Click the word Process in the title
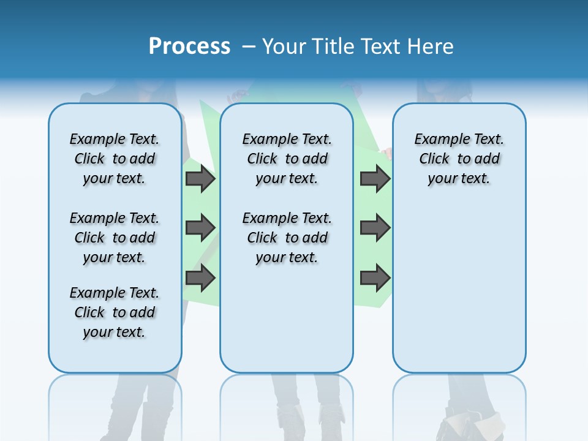[189, 47]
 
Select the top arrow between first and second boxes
[200, 178]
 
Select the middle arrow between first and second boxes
[200, 228]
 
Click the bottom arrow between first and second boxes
[200, 278]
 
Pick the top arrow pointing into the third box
[375, 178]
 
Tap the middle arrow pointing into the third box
[375, 228]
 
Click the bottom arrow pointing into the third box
[375, 278]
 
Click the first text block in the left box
[115, 159]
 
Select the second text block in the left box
[115, 238]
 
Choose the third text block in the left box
[115, 312]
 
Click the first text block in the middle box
[287, 159]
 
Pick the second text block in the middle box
[287, 238]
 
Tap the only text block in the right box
[459, 159]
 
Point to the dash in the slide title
[248, 47]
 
